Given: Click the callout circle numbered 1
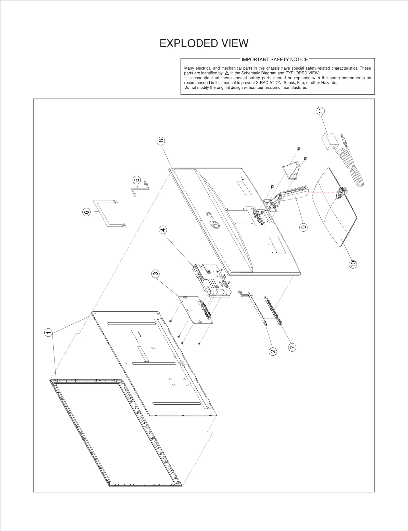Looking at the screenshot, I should pos(48,333).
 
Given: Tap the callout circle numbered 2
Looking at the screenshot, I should pos(273,352).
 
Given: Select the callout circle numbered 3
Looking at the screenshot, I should pos(156,274).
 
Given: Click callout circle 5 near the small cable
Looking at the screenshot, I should pos(137,180).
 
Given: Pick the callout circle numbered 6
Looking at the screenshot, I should pos(87,212).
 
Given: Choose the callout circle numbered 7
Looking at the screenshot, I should pos(292,347).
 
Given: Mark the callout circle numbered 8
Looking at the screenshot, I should pos(161,141).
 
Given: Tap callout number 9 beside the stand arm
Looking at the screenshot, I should pos(303,227).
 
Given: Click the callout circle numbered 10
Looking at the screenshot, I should pos(353,264).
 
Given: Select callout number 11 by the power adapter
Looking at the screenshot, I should pos(321,111).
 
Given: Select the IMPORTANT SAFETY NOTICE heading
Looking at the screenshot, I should pos(275,60).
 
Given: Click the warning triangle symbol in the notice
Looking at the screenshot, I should pos(227,73).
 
